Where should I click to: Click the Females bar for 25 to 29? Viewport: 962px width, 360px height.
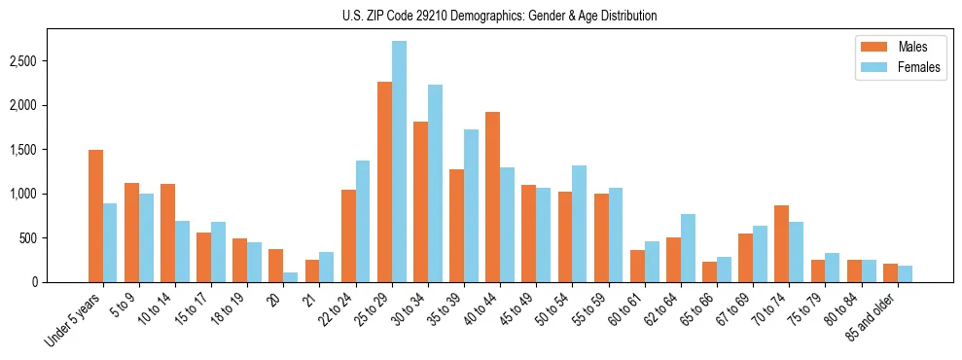click(x=400, y=162)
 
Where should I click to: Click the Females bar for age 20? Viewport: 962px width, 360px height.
click(x=291, y=277)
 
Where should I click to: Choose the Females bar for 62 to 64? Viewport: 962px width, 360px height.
click(x=688, y=248)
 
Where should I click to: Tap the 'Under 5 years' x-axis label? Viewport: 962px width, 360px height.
click(x=74, y=320)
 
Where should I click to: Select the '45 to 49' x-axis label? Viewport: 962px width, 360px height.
click(x=522, y=310)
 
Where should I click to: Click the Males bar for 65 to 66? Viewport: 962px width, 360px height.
click(x=709, y=271)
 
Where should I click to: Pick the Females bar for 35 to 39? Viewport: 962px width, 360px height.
click(x=472, y=205)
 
